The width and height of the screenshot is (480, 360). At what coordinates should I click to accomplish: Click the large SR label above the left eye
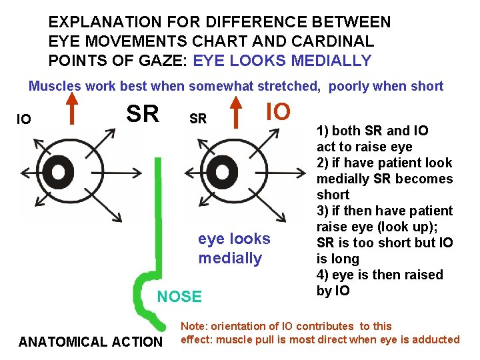[143, 114]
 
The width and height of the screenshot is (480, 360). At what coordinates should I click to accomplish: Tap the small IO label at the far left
[24, 120]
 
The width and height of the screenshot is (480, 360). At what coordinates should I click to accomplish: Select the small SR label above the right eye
[198, 119]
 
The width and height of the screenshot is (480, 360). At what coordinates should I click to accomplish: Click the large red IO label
[278, 111]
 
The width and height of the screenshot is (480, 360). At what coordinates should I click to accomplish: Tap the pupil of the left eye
[59, 173]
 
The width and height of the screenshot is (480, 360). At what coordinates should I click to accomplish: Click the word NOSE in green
[179, 297]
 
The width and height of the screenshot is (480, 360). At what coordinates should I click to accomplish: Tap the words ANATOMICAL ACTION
[91, 343]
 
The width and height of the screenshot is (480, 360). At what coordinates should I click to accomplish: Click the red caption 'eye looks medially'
[234, 248]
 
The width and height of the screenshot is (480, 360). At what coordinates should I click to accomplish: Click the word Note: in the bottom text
[193, 326]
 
